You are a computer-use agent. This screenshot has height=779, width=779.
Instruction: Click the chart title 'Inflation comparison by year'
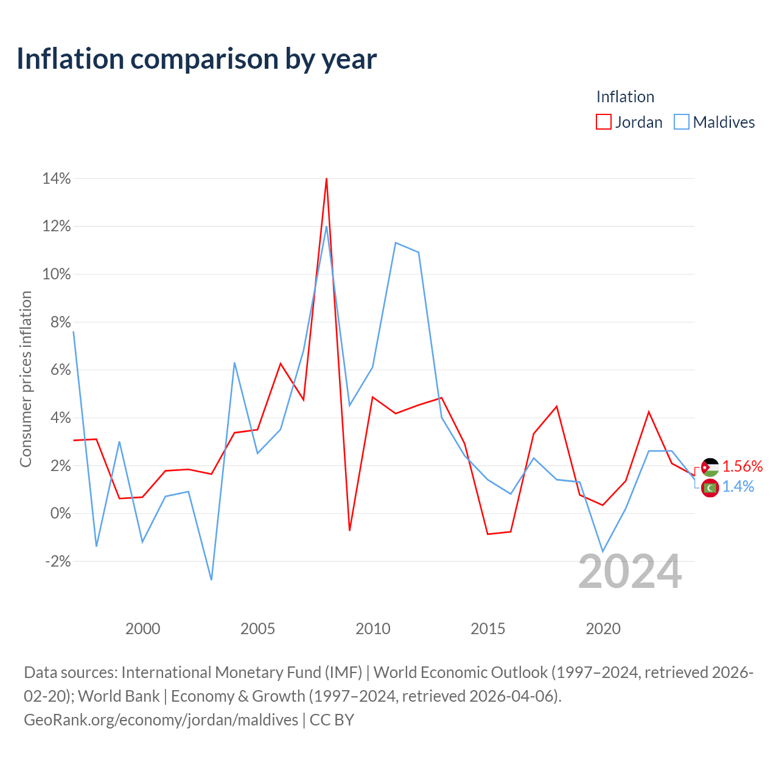pyautogui.click(x=197, y=60)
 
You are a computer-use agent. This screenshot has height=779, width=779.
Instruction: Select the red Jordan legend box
pyautogui.click(x=603, y=122)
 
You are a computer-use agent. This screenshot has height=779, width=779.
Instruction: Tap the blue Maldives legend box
pyautogui.click(x=681, y=122)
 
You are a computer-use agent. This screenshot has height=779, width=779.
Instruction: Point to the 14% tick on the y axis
pyautogui.click(x=57, y=178)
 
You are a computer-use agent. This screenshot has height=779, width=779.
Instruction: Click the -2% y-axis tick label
pyautogui.click(x=58, y=562)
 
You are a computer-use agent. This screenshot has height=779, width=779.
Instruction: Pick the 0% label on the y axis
pyautogui.click(x=61, y=514)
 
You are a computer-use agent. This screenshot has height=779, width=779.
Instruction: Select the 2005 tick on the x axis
pyautogui.click(x=257, y=629)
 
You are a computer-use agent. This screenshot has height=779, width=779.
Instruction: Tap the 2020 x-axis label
pyautogui.click(x=603, y=629)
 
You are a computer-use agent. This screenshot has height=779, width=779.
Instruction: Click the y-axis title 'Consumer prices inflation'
pyautogui.click(x=26, y=379)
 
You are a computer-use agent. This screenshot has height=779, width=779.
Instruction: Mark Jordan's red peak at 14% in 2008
pyautogui.click(x=326, y=179)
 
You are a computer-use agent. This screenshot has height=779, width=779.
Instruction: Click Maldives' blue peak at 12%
pyautogui.click(x=326, y=226)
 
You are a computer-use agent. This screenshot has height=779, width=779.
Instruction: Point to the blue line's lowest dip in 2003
pyautogui.click(x=211, y=580)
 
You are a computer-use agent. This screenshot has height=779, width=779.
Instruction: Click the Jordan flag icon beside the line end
pyautogui.click(x=710, y=467)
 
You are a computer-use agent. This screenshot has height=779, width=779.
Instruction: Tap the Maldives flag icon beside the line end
pyautogui.click(x=710, y=488)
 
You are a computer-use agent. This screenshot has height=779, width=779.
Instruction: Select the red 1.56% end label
pyautogui.click(x=742, y=467)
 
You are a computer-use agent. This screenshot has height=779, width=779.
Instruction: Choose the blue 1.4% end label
pyautogui.click(x=738, y=487)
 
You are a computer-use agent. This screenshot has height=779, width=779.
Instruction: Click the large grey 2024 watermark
pyautogui.click(x=630, y=571)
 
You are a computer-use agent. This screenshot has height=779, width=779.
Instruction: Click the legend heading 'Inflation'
pyautogui.click(x=625, y=97)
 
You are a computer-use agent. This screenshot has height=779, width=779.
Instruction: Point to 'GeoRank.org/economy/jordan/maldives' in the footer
pyautogui.click(x=161, y=720)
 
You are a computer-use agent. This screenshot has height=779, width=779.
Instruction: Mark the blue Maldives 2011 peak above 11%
pyautogui.click(x=396, y=243)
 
